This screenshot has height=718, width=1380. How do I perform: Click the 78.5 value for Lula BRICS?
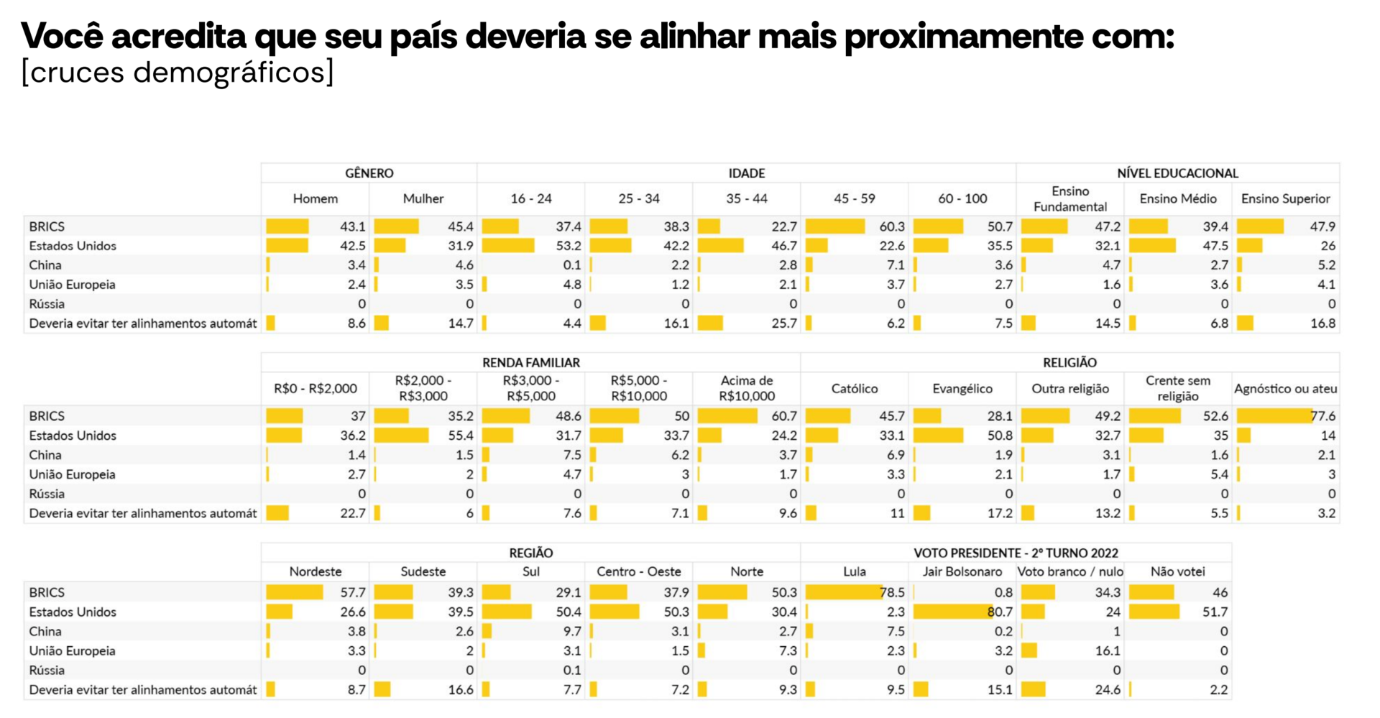892,592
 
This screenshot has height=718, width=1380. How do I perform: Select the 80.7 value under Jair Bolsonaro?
1000,612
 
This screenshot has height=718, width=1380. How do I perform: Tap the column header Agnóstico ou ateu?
1285,389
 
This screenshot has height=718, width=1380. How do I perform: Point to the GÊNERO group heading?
369,173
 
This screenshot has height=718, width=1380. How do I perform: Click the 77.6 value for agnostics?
1322,416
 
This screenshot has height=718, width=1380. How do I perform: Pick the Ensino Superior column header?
1285,198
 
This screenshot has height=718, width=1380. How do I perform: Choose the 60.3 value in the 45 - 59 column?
892,226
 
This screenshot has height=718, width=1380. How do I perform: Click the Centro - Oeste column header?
639,571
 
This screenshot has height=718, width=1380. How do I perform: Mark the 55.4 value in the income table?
461,436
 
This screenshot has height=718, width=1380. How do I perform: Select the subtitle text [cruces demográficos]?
178,73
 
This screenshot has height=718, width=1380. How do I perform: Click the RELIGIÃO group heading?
1069,363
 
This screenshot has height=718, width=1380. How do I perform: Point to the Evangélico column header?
962,389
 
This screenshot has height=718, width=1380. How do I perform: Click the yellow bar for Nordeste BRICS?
295,592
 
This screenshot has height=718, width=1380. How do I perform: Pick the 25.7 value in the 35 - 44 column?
784,323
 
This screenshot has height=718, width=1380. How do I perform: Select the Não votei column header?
1177,571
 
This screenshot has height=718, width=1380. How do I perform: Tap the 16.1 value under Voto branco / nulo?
1108,650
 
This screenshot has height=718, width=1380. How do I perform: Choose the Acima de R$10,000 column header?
746,388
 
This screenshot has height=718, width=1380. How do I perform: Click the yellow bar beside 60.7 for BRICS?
727,416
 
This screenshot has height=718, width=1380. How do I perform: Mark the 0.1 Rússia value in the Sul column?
572,670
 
